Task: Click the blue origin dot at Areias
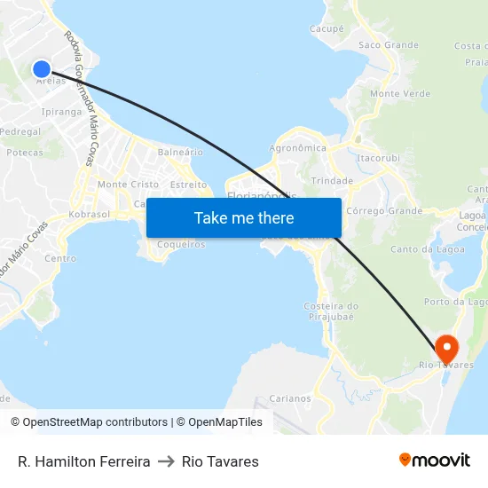coord(42,68)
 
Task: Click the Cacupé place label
coord(327,29)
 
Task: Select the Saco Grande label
coord(388,44)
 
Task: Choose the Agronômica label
coord(297,148)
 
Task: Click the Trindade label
coord(333,180)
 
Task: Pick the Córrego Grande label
coord(384,211)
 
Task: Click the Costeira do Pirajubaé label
coord(330,311)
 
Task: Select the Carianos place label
coord(290,398)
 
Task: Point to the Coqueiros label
coord(180,244)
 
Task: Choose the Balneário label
coord(180,152)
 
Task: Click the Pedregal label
coord(20,131)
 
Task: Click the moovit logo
coord(435,460)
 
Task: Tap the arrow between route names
coord(166,461)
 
